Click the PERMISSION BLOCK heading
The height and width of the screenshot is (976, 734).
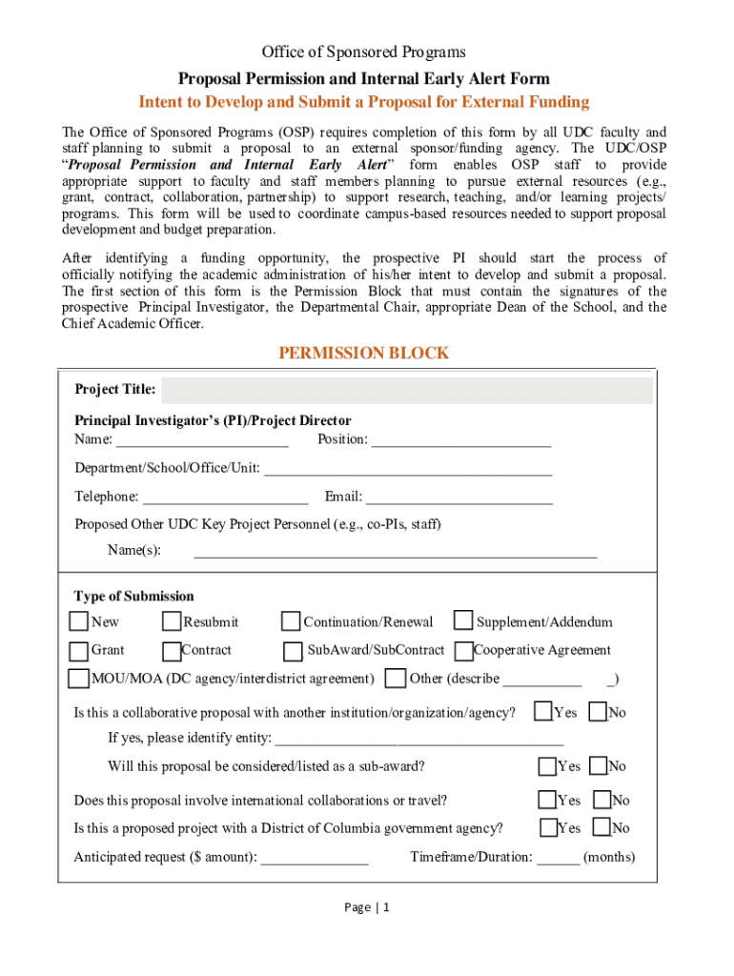click(362, 354)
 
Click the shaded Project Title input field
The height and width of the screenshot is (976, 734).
click(406, 390)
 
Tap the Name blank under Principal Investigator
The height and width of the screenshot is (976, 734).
click(202, 439)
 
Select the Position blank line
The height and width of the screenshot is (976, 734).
click(460, 439)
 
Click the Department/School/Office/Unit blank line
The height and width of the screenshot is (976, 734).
click(407, 468)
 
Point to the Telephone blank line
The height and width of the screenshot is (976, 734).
click(225, 497)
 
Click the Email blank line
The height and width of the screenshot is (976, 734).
click(459, 497)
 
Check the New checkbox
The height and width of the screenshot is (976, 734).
click(78, 622)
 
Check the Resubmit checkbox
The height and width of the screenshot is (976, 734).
click(172, 622)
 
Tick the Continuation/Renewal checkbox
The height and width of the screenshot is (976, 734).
click(291, 622)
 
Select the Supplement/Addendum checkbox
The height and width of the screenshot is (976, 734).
click(463, 621)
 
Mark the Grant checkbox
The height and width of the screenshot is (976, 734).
click(78, 651)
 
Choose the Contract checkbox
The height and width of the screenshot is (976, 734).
click(172, 651)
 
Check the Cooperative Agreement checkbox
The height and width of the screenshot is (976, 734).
click(464, 651)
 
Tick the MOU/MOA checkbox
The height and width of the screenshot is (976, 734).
click(78, 679)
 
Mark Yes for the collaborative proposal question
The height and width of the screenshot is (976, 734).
click(543, 712)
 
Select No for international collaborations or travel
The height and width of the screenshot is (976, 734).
click(602, 800)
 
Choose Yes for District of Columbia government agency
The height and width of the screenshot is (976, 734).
click(549, 827)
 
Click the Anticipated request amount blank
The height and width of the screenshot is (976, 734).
click(315, 858)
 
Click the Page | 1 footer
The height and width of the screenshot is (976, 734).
click(367, 907)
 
